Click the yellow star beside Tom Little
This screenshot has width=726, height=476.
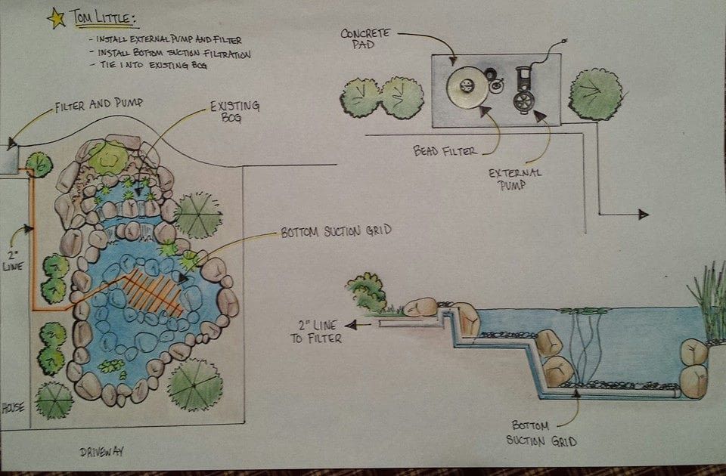click(x=55, y=17)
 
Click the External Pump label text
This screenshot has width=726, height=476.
click(x=515, y=178)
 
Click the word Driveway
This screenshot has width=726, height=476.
click(x=101, y=452)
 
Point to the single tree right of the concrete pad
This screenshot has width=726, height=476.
click(x=595, y=94)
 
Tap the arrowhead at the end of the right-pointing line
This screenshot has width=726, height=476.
click(x=643, y=215)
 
